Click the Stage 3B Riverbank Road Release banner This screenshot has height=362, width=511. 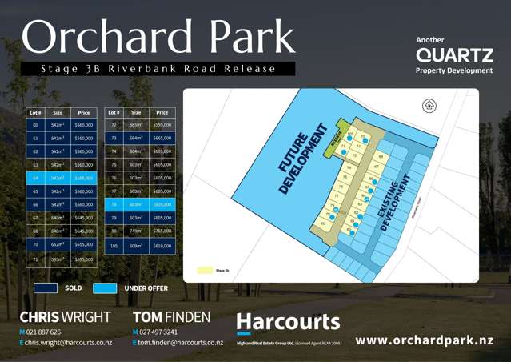158,69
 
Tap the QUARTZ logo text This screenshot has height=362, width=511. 453,54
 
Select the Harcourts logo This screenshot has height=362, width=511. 288,322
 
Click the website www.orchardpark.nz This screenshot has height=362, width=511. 424,340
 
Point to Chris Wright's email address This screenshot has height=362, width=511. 67,342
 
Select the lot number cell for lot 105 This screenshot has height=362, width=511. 114,246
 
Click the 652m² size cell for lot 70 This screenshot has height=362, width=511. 58,244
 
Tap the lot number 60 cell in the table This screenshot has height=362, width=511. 35,125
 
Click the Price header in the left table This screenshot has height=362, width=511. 83,113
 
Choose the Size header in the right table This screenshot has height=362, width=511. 136,113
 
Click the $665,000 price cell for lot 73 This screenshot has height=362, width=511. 162,138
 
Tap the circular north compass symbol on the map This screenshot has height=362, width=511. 427,105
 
